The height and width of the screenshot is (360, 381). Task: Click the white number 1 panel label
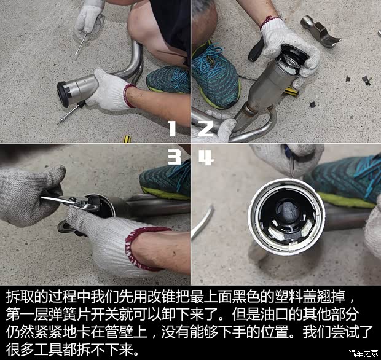pos(171,128)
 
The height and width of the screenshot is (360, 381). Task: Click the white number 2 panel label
pos(205,128)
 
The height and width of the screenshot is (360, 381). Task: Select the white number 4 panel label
pos(206,157)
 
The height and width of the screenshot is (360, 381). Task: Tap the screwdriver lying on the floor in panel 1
pos(71,112)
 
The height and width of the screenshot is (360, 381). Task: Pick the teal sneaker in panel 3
pos(165,178)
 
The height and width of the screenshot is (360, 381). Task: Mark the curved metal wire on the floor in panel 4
pos(203,221)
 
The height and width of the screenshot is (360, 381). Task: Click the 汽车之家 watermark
pos(363,353)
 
